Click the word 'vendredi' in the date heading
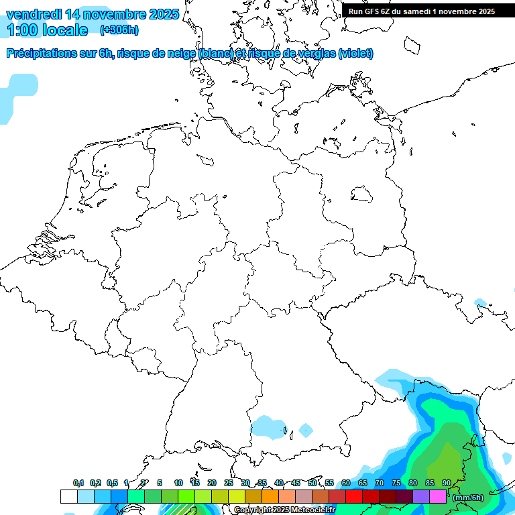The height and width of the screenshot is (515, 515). click(x=35, y=14)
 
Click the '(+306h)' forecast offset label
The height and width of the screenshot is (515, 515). click(x=119, y=30)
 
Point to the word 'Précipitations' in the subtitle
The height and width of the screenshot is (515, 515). click(x=42, y=54)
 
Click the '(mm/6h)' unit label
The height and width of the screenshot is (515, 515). click(x=467, y=497)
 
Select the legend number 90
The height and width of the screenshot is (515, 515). click(x=446, y=483)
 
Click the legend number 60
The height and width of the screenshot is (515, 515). click(x=345, y=483)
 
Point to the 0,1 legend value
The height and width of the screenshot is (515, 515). click(x=78, y=483)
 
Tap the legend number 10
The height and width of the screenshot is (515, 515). click(x=178, y=483)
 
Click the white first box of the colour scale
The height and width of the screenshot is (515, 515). click(x=68, y=496)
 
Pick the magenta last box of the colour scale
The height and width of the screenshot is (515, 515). click(x=437, y=496)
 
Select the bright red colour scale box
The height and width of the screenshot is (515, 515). click(x=353, y=496)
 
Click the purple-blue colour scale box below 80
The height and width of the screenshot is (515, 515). click(x=420, y=496)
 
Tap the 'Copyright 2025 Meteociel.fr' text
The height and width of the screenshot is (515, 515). click(x=284, y=510)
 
